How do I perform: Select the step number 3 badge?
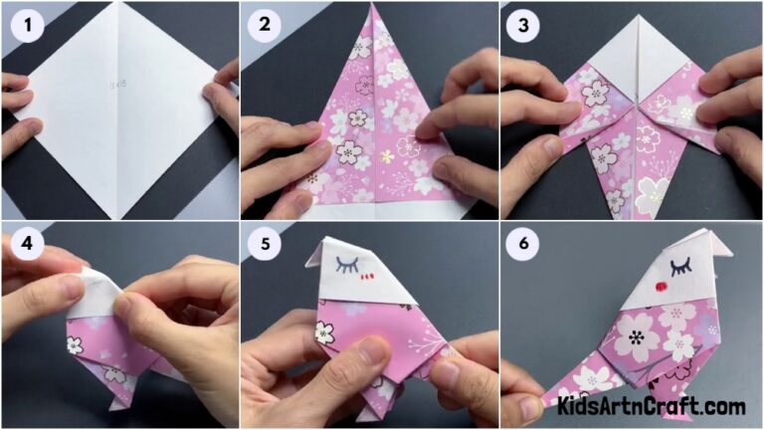525,28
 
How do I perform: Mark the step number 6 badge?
525,246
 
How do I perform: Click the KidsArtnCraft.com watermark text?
652,406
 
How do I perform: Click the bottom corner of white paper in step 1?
118,216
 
